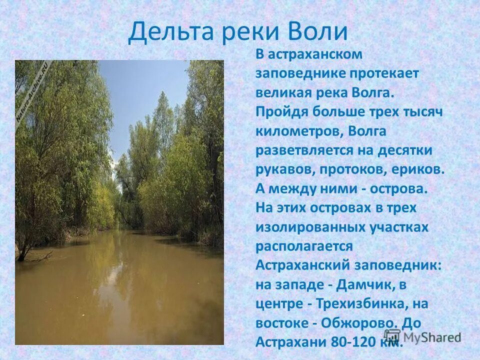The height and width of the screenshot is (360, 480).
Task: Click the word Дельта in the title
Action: (x=167, y=31)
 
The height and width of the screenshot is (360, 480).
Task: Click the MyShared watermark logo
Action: (x=422, y=337)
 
